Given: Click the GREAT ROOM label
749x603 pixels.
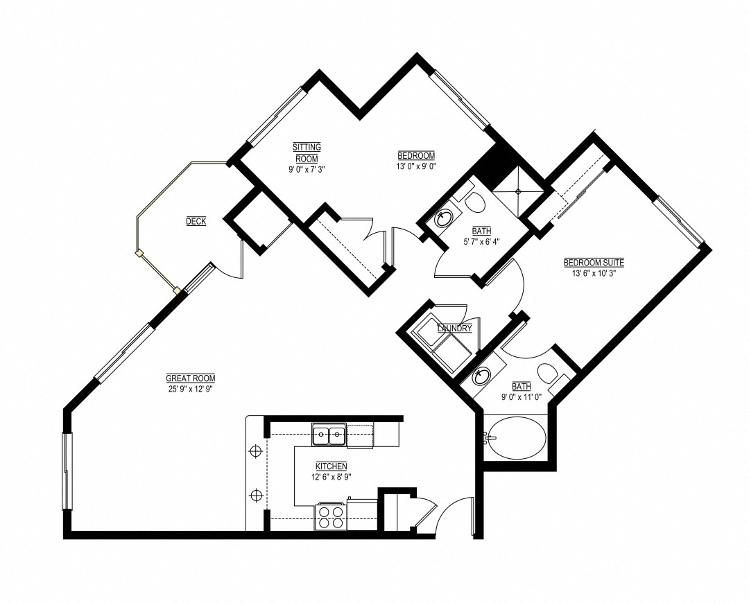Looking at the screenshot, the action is [x=191, y=378].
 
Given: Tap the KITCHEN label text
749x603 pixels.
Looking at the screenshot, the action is [x=331, y=466].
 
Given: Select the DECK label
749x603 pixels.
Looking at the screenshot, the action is [x=196, y=221].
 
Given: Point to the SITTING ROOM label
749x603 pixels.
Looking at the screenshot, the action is [x=307, y=152].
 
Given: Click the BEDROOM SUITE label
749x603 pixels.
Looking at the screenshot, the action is [x=594, y=263].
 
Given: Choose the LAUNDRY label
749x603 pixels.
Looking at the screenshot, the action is [x=455, y=329].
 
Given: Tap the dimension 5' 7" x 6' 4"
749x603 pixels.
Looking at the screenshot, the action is [x=481, y=241].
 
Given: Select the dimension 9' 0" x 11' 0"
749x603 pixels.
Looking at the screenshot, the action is [x=521, y=396].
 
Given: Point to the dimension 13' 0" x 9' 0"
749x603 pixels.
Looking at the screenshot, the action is [x=417, y=166].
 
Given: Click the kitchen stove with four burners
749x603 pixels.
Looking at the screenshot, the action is [x=330, y=517].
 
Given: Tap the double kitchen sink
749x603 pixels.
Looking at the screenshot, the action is [x=329, y=435].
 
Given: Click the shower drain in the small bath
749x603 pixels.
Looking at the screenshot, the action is [x=518, y=191].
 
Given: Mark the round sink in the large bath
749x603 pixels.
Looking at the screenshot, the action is [x=481, y=376].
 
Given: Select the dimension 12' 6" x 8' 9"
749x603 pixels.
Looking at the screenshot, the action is [x=331, y=476].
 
